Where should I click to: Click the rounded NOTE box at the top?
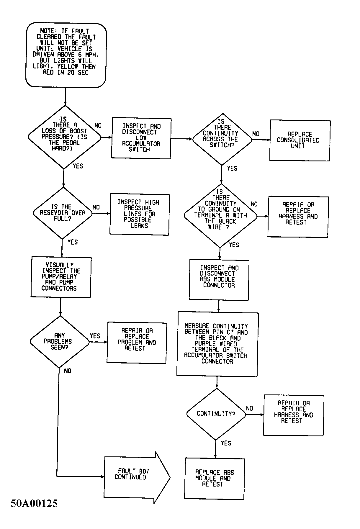[66, 55]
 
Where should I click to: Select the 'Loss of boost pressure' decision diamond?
[64, 137]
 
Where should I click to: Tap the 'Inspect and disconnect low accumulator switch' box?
[141, 138]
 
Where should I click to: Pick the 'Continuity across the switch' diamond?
[222, 139]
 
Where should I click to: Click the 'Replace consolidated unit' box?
[300, 140]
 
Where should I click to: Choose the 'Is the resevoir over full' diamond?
[63, 213]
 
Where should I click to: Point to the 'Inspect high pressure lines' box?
[140, 214]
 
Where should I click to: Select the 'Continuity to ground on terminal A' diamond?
[220, 215]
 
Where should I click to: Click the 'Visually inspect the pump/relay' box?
[61, 277]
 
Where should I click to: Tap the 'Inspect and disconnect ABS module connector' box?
[219, 280]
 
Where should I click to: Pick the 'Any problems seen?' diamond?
[60, 342]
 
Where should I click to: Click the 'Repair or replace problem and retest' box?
[137, 343]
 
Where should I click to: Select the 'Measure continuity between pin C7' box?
[217, 344]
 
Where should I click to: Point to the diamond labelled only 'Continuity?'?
[216, 414]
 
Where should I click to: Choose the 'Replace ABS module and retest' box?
[215, 479]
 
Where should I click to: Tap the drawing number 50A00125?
[34, 503]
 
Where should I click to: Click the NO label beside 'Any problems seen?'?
[68, 371]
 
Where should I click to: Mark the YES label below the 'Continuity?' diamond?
[226, 443]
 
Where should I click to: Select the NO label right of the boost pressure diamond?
[98, 125]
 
